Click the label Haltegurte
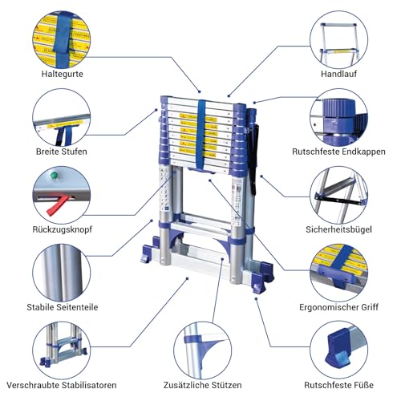[x=62, y=74]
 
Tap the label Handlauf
[x=338, y=74]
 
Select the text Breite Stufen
[x=62, y=152]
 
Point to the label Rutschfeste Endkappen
[x=338, y=152]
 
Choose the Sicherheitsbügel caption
[x=338, y=229]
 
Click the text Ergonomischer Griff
[x=338, y=306]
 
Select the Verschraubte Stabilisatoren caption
[x=62, y=384]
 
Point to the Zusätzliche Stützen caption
[x=200, y=384]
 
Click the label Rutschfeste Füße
[x=338, y=384]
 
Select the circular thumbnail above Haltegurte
[x=62, y=36]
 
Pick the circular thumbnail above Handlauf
[x=338, y=36]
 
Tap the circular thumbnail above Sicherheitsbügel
[x=338, y=193]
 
